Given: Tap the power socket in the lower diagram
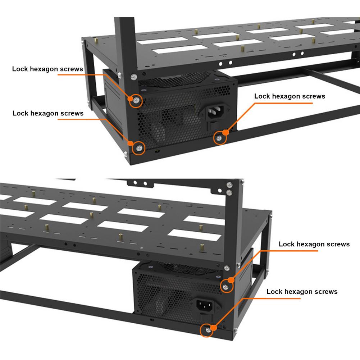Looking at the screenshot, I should pyautogui.click(x=204, y=306).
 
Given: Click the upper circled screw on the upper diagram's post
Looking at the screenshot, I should pyautogui.click(x=136, y=101).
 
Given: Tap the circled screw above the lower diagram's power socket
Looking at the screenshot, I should pyautogui.click(x=225, y=286).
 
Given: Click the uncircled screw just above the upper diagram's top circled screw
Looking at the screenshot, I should pyautogui.click(x=133, y=76).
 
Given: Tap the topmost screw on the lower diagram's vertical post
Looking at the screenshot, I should pyautogui.click(x=230, y=185).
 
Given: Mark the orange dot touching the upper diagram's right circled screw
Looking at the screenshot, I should pyautogui.click(x=225, y=133).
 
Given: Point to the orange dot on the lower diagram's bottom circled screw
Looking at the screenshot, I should pyautogui.click(x=213, y=327).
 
